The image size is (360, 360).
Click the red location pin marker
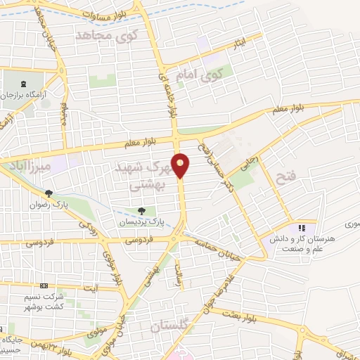(x=181, y=165)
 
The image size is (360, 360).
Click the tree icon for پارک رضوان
(x=49, y=194)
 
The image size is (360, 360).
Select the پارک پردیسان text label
(x=148, y=221)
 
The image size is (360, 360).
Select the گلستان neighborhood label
(x=170, y=327)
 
